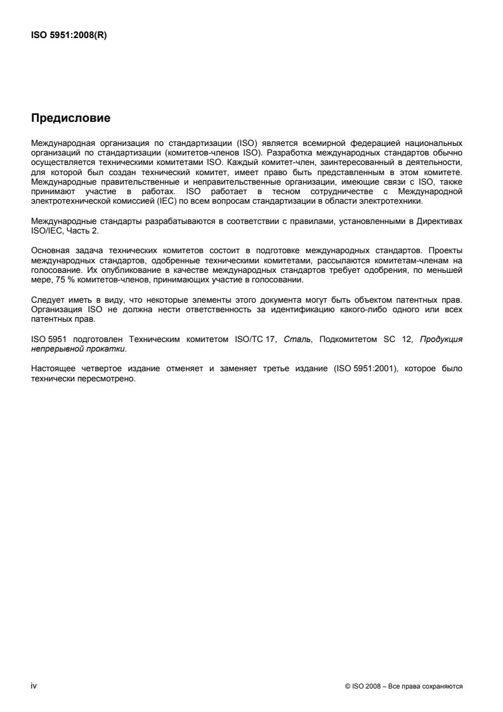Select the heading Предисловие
(70, 118)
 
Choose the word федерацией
(358, 143)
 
